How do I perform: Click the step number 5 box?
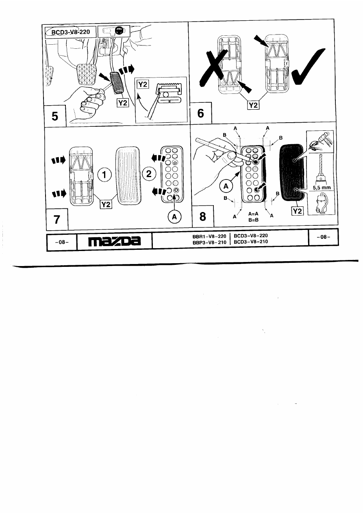[53, 116]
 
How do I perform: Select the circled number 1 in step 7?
[104, 175]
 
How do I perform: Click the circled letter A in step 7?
[174, 217]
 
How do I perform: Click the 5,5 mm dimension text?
[321, 188]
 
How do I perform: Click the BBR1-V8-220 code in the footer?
[209, 236]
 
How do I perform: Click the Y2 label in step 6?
[253, 105]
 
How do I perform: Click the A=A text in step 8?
[254, 213]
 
